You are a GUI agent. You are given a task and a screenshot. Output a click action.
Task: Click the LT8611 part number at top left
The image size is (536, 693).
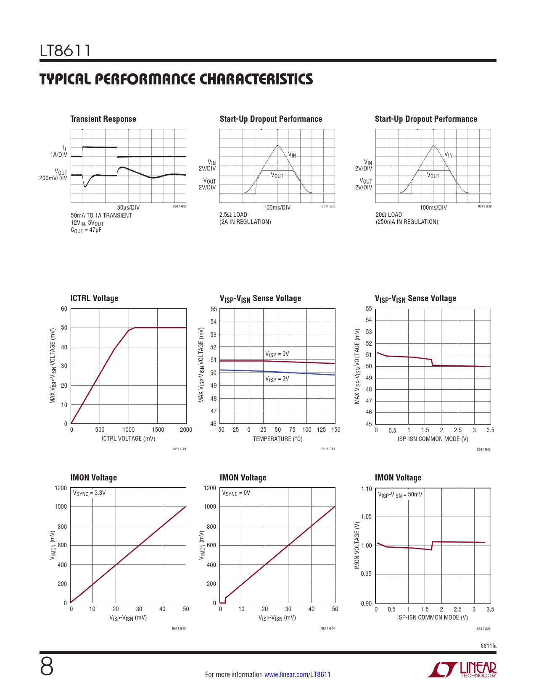click(x=65, y=51)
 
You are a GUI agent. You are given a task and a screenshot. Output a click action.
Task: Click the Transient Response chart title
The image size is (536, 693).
click(x=103, y=119)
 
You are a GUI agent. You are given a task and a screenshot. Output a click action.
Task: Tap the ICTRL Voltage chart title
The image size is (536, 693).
click(x=94, y=298)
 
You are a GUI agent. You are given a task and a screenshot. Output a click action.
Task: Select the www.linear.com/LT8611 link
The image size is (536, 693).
click(x=297, y=675)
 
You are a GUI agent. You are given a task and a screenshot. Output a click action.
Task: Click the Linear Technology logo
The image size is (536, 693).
click(x=462, y=669)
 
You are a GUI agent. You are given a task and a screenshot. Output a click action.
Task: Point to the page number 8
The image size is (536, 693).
click(x=47, y=667)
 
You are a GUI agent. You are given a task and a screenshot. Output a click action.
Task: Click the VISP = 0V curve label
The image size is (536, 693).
click(x=277, y=354)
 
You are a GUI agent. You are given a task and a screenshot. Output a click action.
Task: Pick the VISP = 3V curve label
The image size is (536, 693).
click(x=277, y=379)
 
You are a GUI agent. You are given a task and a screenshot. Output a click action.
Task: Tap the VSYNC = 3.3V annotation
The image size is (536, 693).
click(x=89, y=493)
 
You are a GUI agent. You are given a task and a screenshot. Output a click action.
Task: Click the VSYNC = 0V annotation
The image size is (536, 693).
click(x=236, y=493)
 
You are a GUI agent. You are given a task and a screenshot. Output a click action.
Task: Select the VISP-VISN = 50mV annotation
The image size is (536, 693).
click(x=400, y=495)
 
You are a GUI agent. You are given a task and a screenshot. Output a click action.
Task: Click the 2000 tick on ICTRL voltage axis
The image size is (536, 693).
click(x=186, y=430)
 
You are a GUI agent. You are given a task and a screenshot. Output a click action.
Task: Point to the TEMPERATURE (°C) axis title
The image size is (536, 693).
click(x=277, y=439)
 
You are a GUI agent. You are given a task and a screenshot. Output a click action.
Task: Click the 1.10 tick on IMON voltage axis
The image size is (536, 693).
click(x=367, y=489)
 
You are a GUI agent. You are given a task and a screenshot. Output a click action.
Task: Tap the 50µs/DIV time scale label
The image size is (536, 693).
click(x=128, y=207)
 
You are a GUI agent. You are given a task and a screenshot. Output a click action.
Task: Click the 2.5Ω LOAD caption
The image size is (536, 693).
click(x=233, y=215)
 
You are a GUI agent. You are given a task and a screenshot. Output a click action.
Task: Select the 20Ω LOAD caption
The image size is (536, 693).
click(x=389, y=215)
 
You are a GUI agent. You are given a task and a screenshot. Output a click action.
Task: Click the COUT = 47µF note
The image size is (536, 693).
click(x=86, y=230)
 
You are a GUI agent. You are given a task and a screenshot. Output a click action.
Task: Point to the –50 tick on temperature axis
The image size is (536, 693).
click(x=219, y=430)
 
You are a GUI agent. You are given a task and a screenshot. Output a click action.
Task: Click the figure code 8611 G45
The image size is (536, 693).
click(x=483, y=629)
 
